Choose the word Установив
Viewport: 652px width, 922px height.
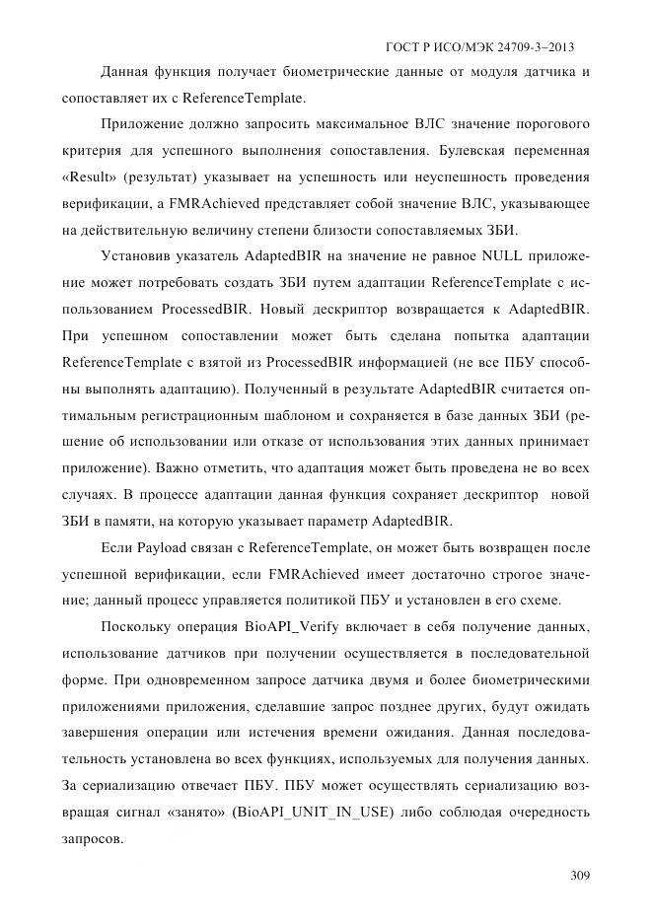tap(139, 256)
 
